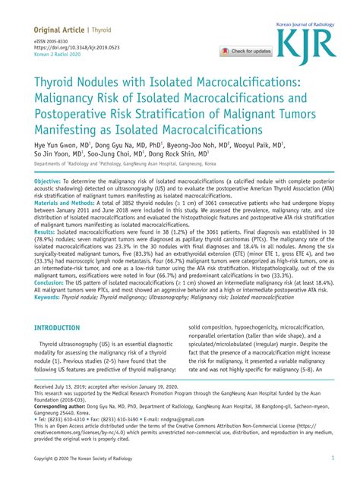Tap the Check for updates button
tap(246, 51)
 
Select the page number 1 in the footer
tap(333, 459)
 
